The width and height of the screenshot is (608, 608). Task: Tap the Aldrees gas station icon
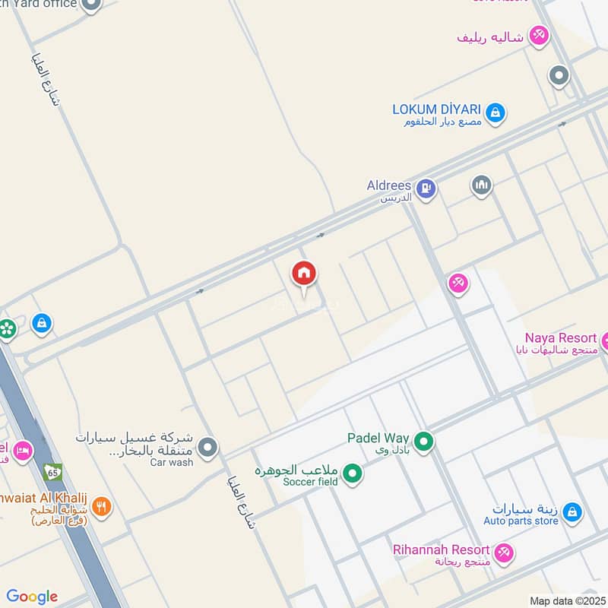tap(427, 188)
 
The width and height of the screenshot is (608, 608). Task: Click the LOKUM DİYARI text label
tap(436, 109)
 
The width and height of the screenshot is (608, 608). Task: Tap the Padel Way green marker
tap(424, 440)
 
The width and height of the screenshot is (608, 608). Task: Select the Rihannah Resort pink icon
tap(503, 553)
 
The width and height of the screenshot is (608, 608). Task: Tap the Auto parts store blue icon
tap(572, 512)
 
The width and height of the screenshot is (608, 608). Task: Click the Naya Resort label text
tap(561, 337)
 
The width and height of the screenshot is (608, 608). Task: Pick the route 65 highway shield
tap(52, 472)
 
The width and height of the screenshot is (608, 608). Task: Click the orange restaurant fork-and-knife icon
tap(102, 506)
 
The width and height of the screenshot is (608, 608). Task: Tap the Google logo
tap(32, 597)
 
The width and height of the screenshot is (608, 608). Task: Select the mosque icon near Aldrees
tap(481, 185)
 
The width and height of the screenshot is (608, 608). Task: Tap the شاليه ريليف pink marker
tap(539, 36)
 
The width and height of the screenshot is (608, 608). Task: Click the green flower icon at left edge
tap(7, 329)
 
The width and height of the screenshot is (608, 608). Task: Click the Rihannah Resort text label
tap(441, 549)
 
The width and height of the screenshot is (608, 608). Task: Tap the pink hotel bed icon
tap(23, 451)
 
